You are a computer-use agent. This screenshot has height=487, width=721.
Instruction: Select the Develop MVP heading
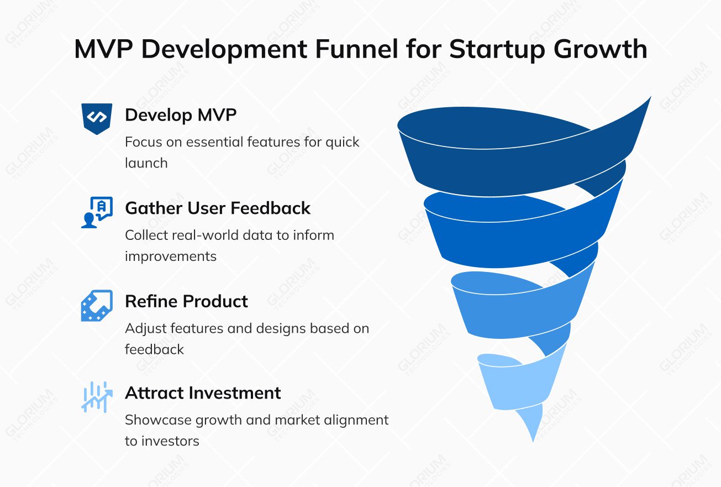181,115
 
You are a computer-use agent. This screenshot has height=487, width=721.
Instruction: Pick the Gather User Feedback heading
218,208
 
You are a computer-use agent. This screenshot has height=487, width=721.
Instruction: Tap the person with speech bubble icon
97,212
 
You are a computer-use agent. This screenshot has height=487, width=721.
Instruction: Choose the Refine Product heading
186,301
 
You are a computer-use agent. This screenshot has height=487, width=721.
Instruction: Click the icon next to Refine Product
97,306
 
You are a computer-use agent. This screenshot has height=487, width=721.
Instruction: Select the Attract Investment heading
203,393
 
